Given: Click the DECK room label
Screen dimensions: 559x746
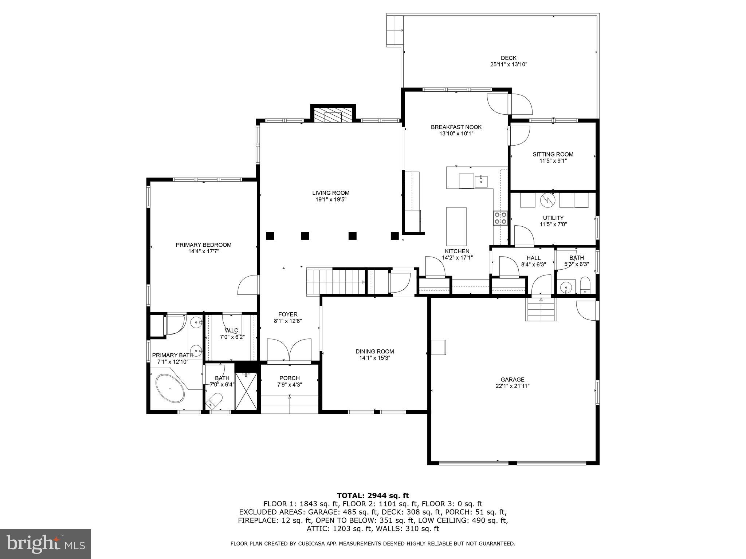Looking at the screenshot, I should click(509, 58).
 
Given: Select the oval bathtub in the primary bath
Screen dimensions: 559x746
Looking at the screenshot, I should click(170, 389).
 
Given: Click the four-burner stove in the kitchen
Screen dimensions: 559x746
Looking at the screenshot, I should click(500, 218).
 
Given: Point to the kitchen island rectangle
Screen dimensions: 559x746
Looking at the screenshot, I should click(456, 227).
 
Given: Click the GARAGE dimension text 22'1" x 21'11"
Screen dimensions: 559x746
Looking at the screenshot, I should click(512, 386).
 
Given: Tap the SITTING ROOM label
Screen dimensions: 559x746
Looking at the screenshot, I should click(553, 154).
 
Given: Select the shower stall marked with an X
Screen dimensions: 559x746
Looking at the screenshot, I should click(247, 391).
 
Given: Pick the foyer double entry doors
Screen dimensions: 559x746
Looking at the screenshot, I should click(289, 350).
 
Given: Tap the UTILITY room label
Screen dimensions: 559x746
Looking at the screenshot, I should click(553, 218).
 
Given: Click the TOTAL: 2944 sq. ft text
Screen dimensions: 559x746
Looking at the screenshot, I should click(373, 495).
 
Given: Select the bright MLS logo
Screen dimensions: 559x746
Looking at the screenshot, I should click(46, 544).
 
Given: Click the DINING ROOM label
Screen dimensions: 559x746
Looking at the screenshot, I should click(374, 351).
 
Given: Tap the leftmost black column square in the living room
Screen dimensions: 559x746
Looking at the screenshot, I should click(270, 236).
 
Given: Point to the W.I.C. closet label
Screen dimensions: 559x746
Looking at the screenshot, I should click(232, 330).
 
